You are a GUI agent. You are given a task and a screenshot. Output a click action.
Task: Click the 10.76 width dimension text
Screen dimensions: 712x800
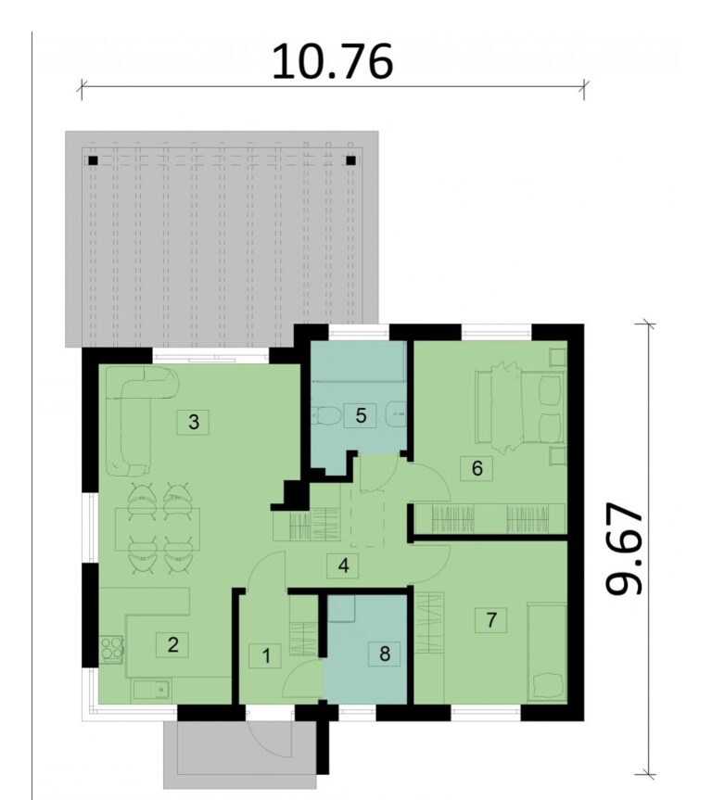[x=332, y=62]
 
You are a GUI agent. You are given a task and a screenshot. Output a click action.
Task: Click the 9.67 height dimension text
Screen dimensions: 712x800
[x=624, y=549]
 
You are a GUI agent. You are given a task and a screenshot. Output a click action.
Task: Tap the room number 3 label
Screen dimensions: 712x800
[x=194, y=422]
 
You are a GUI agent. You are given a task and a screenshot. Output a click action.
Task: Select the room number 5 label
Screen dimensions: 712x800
[x=361, y=415]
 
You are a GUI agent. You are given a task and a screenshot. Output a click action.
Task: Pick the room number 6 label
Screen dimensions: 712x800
[x=477, y=468]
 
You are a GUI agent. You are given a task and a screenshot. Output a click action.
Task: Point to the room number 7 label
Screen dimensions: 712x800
[x=491, y=620]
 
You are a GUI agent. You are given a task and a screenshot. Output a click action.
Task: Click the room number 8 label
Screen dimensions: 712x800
[x=385, y=653]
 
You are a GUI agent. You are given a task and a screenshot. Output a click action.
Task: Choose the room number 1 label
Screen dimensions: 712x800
[x=265, y=656]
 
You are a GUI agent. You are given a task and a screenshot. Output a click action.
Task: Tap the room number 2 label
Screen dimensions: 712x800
[x=173, y=645]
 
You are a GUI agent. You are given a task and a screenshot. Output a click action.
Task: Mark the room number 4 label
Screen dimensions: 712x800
[x=344, y=565]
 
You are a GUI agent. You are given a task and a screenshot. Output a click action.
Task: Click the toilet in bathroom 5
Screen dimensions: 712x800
[x=325, y=416]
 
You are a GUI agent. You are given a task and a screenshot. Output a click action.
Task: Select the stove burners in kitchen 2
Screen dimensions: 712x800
[x=111, y=649]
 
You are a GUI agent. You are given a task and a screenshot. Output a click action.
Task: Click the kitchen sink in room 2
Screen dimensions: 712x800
[x=152, y=691]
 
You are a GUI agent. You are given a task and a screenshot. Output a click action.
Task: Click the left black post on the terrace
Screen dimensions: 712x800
[x=93, y=160]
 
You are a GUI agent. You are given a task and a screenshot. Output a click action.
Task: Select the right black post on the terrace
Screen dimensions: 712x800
[x=350, y=160]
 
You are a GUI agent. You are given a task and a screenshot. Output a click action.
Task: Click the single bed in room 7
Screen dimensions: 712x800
[x=547, y=652]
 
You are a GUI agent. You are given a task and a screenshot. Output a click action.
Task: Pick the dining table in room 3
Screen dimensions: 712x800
[x=158, y=528]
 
